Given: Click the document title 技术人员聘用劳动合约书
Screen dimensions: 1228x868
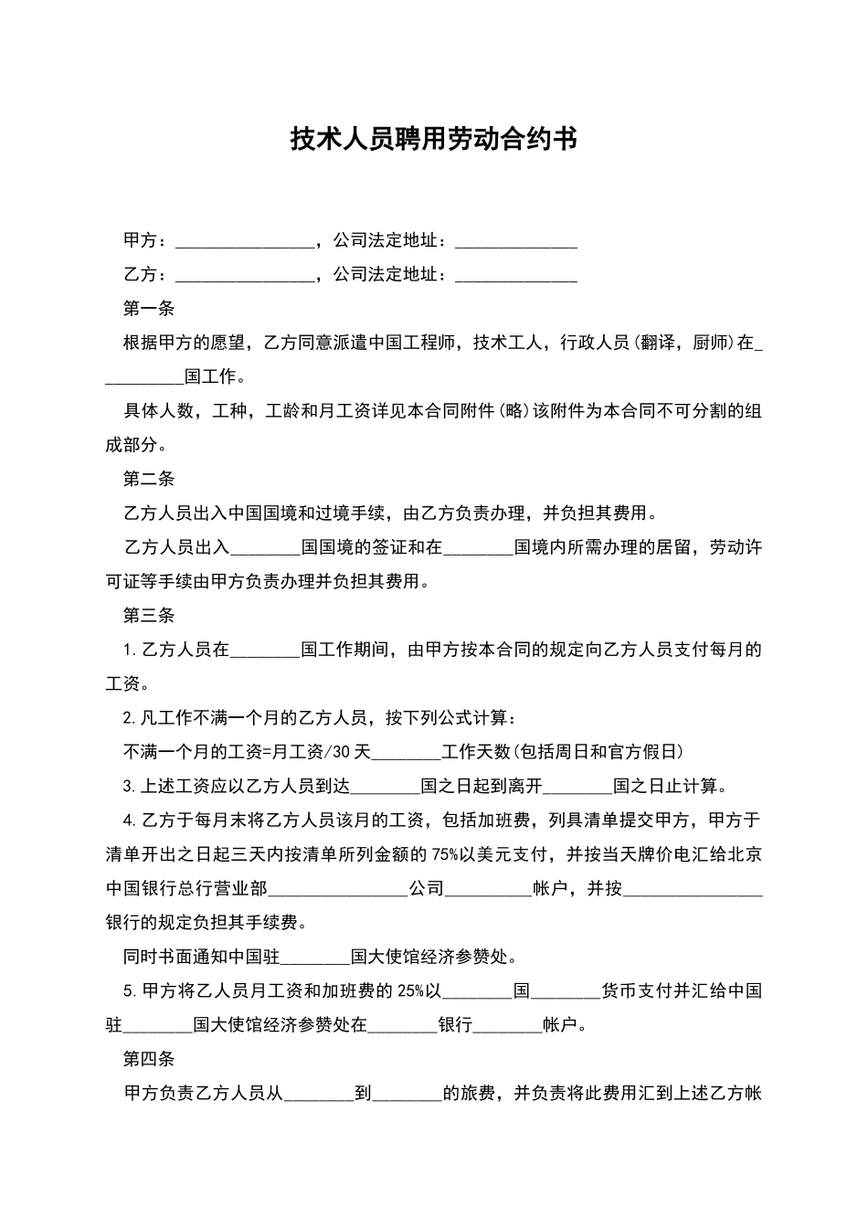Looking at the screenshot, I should tap(434, 139).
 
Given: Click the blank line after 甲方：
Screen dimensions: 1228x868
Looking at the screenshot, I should tap(244, 241).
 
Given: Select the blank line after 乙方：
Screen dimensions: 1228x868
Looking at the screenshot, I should tap(244, 275).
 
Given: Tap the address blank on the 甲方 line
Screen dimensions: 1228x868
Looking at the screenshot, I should tap(516, 241).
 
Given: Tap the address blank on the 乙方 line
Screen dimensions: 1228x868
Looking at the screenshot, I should tap(516, 275).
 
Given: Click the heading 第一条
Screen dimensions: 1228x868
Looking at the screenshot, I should tap(148, 309).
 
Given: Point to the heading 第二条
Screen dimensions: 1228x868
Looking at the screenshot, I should tap(148, 480).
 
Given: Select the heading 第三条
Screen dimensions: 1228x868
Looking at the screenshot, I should tap(148, 616).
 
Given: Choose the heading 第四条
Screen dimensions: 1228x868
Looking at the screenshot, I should tap(148, 1060).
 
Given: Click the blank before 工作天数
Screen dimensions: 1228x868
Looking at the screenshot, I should tap(408, 752).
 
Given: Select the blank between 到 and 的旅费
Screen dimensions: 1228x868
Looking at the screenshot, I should tap(408, 1094).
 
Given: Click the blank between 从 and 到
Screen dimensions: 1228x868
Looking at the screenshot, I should tap(319, 1094).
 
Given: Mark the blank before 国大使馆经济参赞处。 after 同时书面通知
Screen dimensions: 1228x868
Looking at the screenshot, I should tap(316, 958).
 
